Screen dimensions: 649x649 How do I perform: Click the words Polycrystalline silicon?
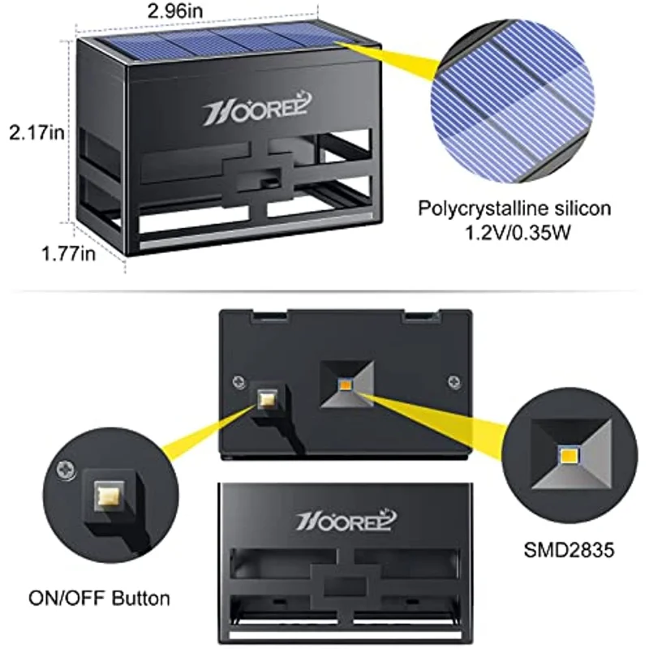(514, 208)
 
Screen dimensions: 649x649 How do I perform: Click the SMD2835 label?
(568, 551)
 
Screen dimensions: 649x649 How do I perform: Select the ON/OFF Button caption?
(100, 599)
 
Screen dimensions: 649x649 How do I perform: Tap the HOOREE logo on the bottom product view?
(344, 519)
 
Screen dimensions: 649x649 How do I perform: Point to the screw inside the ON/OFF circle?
(63, 468)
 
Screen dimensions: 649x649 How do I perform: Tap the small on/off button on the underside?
(266, 398)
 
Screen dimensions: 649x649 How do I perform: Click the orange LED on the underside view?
(345, 381)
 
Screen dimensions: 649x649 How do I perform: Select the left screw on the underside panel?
(237, 381)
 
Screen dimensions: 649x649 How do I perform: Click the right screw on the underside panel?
(453, 380)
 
